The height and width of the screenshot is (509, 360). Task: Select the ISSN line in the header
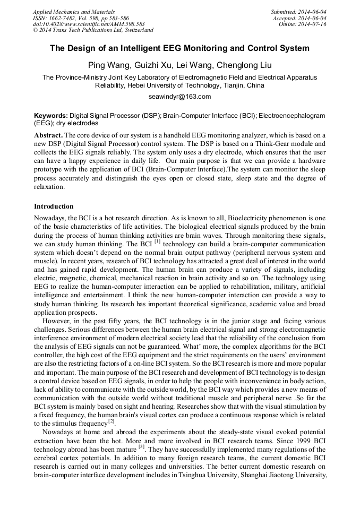pos(81,18)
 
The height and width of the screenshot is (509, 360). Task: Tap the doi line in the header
pos(89,24)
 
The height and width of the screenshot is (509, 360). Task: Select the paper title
pos(179,48)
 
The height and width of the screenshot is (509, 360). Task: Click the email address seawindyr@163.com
pos(179,97)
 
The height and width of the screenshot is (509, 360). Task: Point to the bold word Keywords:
pos(50,115)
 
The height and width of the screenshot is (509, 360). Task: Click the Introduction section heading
pos(54,206)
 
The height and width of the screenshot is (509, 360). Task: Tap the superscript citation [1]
pos(157,241)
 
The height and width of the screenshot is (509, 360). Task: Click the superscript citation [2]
pos(112,421)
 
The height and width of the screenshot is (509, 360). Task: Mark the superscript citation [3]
pos(141,447)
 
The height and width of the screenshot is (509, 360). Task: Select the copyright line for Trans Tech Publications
pos(93,30)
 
